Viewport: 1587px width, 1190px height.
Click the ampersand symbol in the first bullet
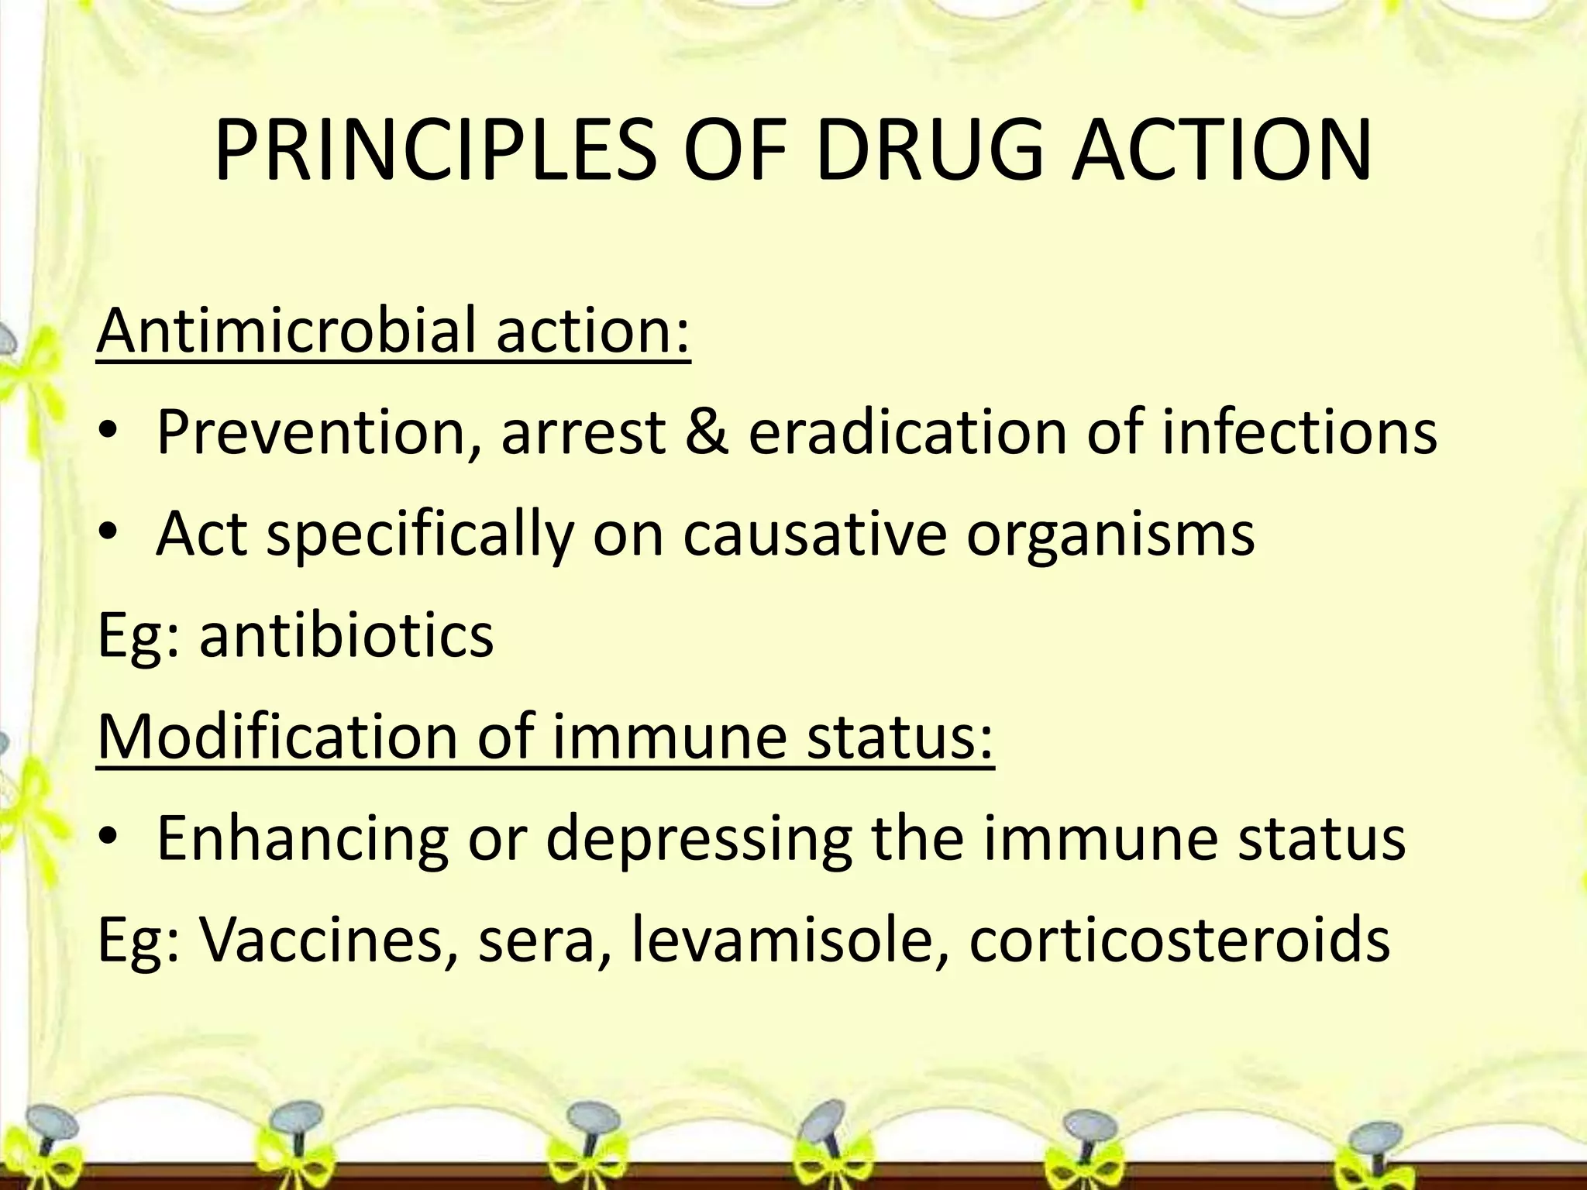tap(706, 432)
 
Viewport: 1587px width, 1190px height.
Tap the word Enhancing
tap(302, 838)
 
